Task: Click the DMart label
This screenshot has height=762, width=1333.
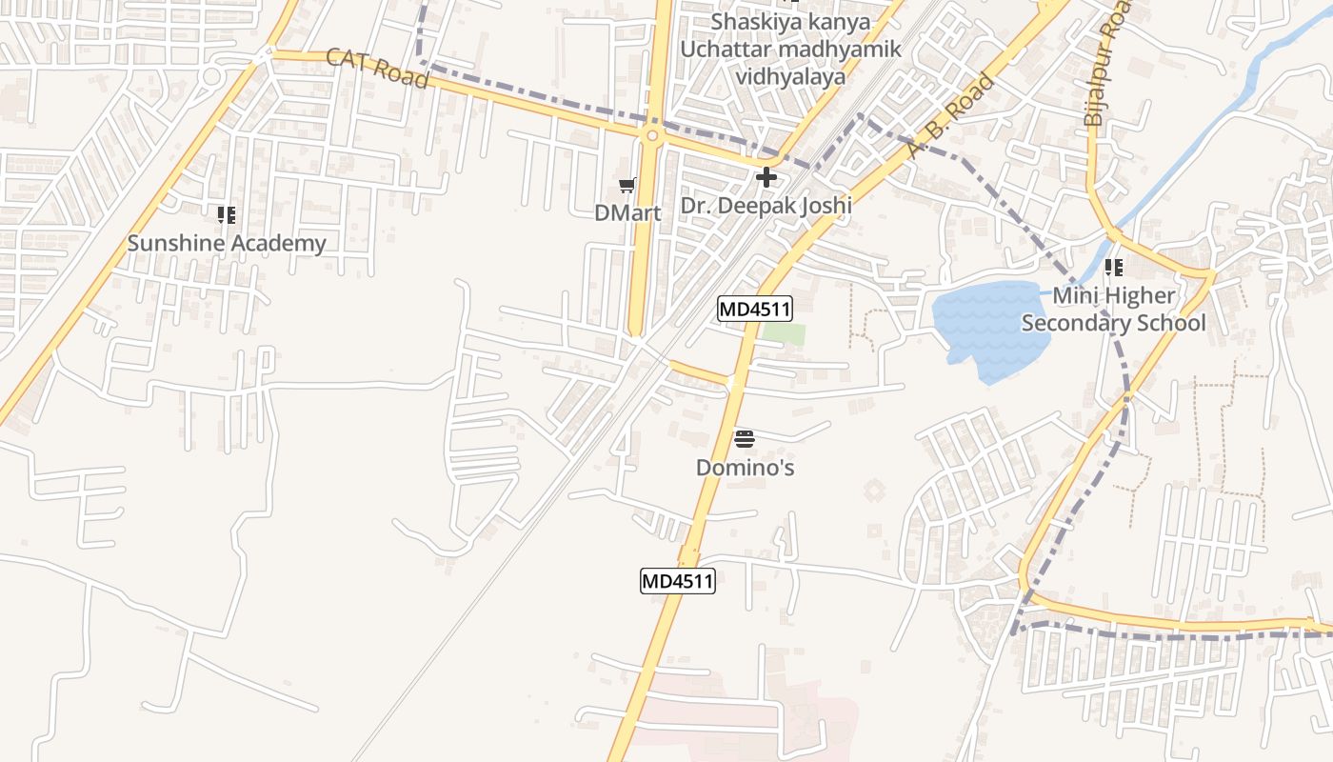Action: pyautogui.click(x=627, y=212)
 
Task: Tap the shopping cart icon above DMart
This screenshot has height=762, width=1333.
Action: pyautogui.click(x=627, y=185)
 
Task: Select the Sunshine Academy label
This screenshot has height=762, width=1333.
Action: pyautogui.click(x=227, y=243)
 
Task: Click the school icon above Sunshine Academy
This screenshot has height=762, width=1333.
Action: pyautogui.click(x=226, y=215)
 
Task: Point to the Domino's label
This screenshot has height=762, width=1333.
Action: pyautogui.click(x=745, y=468)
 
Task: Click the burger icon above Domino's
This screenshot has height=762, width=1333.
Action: pyautogui.click(x=745, y=439)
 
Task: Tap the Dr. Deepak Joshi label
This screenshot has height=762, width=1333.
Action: pyautogui.click(x=766, y=205)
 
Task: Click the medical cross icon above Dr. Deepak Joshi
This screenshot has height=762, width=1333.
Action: pyautogui.click(x=766, y=177)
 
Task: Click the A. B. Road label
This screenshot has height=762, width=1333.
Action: pyautogui.click(x=951, y=115)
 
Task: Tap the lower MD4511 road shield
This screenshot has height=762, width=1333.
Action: pyautogui.click(x=677, y=581)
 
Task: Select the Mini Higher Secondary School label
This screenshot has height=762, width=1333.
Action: pyautogui.click(x=1113, y=310)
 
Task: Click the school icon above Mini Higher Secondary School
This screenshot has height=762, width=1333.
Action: pyautogui.click(x=1113, y=268)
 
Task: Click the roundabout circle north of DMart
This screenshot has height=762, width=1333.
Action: pyautogui.click(x=651, y=136)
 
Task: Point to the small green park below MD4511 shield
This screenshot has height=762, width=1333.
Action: pyautogui.click(x=785, y=334)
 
